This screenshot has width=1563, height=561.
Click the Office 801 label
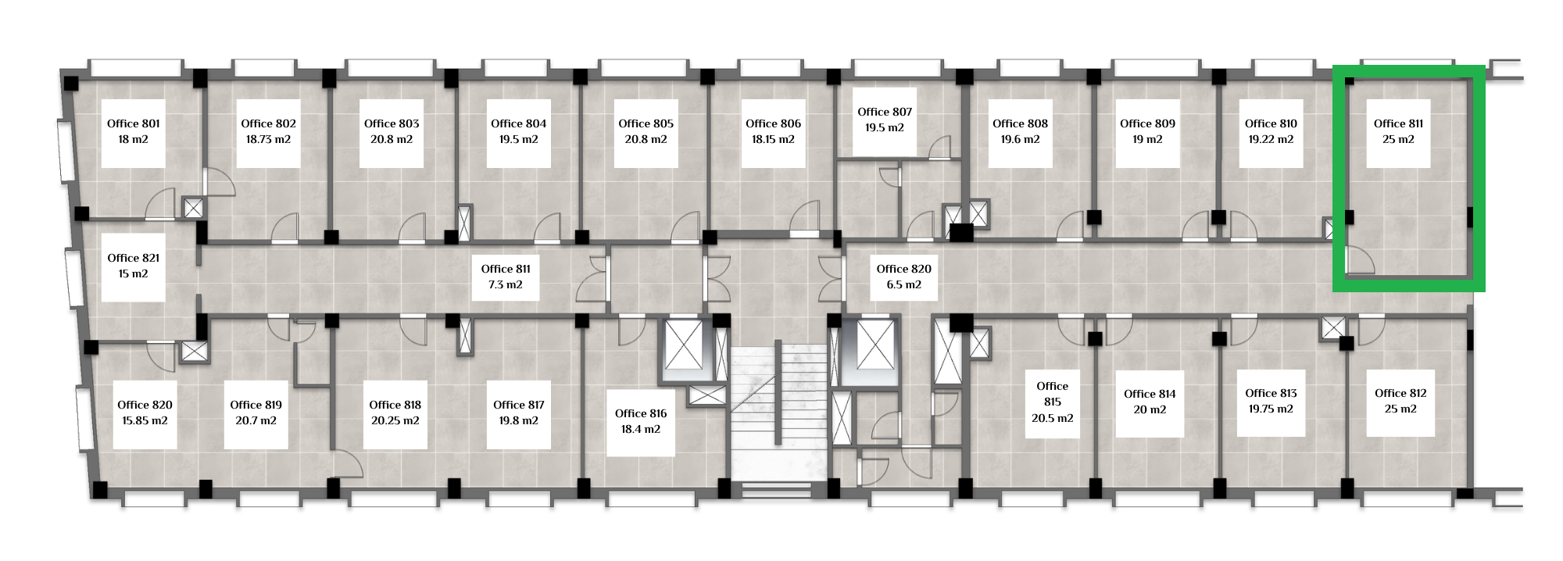pyautogui.click(x=134, y=123)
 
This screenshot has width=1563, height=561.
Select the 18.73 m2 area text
pyautogui.click(x=268, y=139)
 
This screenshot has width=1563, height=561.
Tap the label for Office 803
pyautogui.click(x=392, y=123)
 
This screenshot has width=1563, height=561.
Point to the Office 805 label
pyautogui.click(x=646, y=123)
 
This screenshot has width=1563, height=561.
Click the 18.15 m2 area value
pyautogui.click(x=773, y=139)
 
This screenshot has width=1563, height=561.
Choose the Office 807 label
pyautogui.click(x=885, y=112)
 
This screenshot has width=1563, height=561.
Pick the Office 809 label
pyautogui.click(x=1147, y=123)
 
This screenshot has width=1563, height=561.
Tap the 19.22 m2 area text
pyautogui.click(x=1271, y=139)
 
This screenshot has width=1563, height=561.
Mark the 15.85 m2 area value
pyautogui.click(x=145, y=420)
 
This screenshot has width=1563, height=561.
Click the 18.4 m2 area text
pyautogui.click(x=641, y=429)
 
